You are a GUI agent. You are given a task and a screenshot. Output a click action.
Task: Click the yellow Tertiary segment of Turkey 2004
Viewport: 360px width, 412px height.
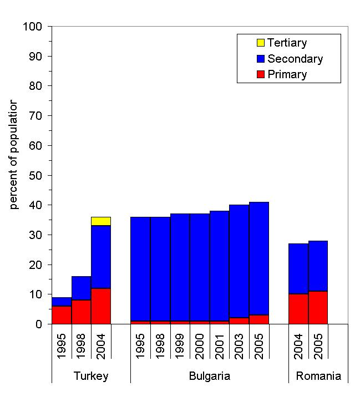[x=101, y=221]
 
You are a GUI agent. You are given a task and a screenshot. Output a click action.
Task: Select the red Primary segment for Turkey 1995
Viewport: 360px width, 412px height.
[x=62, y=315]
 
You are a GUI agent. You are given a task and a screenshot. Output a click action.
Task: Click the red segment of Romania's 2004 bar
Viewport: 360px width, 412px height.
[x=298, y=309]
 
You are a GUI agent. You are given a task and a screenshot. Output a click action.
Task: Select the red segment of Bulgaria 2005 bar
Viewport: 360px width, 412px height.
[x=259, y=319]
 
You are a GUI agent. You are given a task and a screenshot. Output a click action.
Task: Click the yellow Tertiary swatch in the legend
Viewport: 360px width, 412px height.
[x=260, y=43]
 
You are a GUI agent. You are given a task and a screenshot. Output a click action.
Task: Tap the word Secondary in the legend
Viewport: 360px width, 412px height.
[x=295, y=59]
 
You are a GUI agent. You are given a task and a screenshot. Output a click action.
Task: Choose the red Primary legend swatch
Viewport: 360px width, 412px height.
[x=260, y=74]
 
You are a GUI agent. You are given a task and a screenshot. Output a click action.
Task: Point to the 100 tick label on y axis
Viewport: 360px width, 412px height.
[x=33, y=27]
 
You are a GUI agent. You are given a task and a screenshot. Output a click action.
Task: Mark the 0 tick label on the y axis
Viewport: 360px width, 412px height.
[x=39, y=324]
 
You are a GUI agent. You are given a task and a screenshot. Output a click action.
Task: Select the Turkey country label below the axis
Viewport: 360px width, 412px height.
[x=91, y=376]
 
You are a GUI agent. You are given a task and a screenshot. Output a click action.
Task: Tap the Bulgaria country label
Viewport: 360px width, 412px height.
[x=209, y=376]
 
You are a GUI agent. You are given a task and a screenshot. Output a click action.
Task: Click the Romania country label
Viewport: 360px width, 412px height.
[x=318, y=376]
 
